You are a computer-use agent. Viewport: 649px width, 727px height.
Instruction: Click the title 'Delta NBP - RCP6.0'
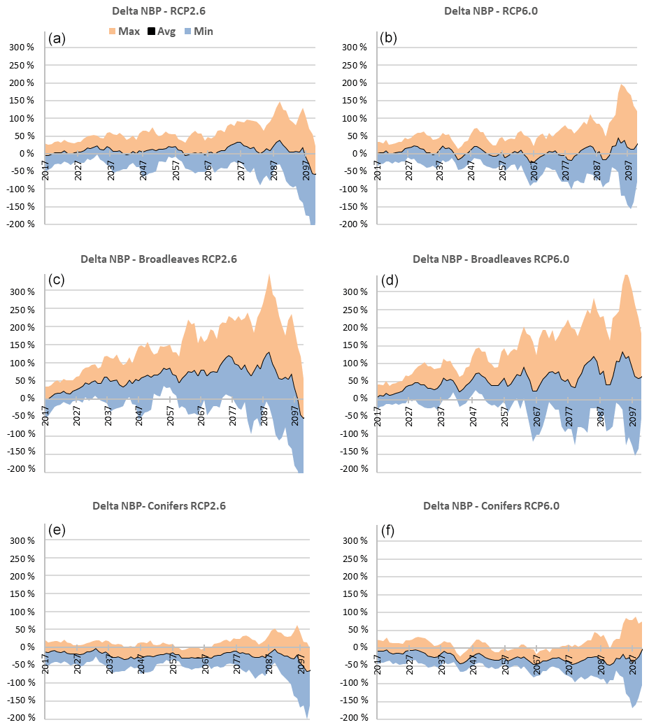tap(490, 11)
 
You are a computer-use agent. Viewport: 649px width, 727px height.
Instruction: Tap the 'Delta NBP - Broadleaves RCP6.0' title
tap(491, 259)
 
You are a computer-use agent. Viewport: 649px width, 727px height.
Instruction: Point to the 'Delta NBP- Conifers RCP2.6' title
tap(159, 505)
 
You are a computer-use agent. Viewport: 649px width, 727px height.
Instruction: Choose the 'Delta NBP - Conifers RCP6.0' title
tap(491, 505)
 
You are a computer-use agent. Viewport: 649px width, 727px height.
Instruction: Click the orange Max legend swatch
tap(112, 31)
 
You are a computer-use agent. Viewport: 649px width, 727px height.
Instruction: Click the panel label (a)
tap(57, 38)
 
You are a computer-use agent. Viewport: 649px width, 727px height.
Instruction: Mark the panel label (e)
tap(57, 529)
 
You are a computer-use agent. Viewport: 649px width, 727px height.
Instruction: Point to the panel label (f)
tap(388, 529)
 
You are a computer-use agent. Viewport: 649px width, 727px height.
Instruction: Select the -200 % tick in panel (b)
tap(352, 224)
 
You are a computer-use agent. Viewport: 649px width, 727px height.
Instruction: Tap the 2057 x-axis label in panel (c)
tap(171, 416)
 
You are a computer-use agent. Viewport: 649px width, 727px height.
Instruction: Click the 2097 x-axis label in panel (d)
tap(630, 416)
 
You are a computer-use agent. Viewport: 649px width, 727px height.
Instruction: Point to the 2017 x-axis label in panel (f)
tap(378, 664)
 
